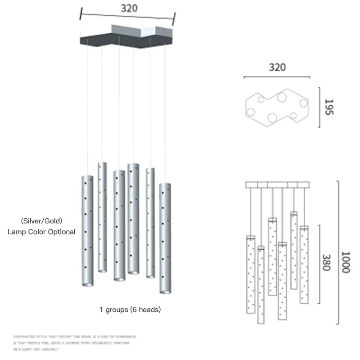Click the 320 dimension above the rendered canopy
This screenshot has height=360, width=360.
click(129, 8)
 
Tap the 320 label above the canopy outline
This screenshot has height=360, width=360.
click(277, 67)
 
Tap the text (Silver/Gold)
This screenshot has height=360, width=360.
click(41, 221)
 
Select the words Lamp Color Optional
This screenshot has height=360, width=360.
click(41, 232)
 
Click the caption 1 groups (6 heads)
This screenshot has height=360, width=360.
click(130, 310)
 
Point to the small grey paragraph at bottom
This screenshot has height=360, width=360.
click(74, 342)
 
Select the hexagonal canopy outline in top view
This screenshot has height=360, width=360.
click(278, 108)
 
